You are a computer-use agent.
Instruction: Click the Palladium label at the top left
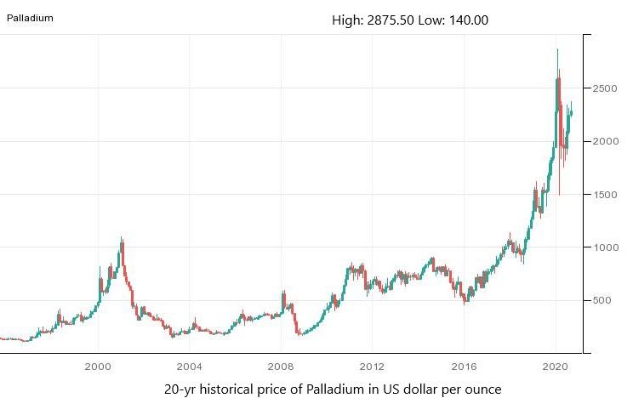point(30,17)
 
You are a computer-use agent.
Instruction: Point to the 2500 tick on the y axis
point(605,88)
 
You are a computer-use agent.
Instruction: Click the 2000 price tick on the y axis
point(605,141)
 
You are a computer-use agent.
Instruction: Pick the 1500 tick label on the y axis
point(605,195)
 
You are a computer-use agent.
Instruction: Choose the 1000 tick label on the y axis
point(605,247)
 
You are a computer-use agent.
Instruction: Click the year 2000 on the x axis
point(98,367)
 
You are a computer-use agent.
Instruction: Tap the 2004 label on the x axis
point(189,367)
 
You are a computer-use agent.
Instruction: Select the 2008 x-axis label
point(280,367)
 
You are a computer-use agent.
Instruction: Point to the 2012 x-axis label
point(372,367)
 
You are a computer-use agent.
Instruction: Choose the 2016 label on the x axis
point(463,367)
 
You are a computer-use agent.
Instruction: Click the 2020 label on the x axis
point(555,367)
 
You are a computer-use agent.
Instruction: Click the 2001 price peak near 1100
point(122,239)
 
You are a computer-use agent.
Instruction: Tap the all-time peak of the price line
point(557,50)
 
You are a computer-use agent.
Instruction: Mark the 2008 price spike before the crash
point(282,293)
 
